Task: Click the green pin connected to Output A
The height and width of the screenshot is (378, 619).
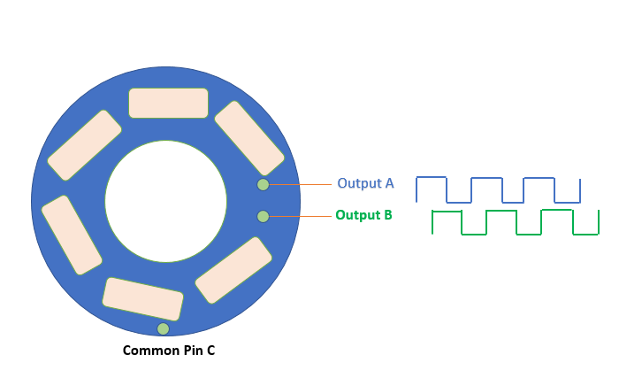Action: point(263,184)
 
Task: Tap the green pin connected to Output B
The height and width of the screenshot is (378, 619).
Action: point(263,216)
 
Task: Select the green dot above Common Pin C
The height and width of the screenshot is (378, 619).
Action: point(163,328)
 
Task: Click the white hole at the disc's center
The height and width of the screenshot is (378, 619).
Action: point(166,201)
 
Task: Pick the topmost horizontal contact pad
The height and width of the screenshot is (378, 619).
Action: point(169,104)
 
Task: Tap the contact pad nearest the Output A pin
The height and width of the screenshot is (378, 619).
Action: point(249,138)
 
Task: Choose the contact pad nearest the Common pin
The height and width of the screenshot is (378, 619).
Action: point(143,299)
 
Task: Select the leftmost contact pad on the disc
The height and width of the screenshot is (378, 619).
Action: point(72,235)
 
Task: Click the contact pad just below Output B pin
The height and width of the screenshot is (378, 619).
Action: point(233,271)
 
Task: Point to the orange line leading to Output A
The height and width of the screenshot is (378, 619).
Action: point(301,184)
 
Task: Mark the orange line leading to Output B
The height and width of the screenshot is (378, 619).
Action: point(301,216)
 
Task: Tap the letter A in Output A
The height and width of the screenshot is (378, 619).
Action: point(390,183)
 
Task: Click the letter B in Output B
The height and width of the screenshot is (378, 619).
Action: point(387,215)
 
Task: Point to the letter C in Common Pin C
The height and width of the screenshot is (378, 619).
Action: point(210,351)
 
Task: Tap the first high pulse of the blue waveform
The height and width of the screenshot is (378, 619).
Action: point(432,189)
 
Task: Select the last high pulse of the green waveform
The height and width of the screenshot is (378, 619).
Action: point(557,222)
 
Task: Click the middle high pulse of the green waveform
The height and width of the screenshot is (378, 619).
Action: point(501,222)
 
